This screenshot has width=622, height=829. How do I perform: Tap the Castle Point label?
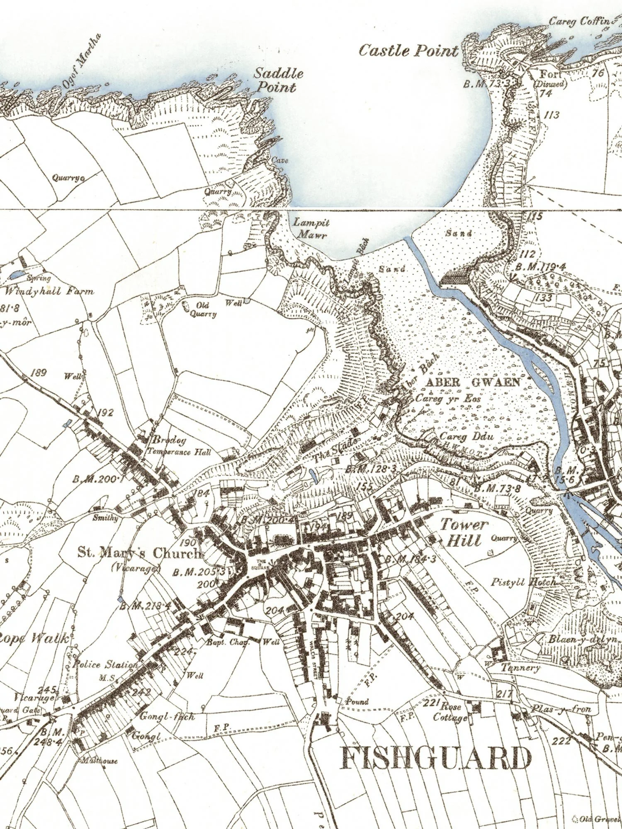[408, 51]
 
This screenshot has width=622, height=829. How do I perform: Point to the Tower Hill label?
[463, 532]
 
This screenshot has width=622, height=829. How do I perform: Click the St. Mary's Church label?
[138, 553]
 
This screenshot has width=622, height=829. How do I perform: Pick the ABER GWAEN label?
[473, 382]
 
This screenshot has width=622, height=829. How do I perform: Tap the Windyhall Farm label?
[49, 291]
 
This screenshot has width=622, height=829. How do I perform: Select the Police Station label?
[104, 664]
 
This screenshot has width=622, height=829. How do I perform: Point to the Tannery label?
[521, 668]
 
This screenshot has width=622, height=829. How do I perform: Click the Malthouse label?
[99, 761]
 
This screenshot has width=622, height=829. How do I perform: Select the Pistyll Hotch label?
[523, 582]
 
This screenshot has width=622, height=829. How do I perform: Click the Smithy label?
[106, 518]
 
